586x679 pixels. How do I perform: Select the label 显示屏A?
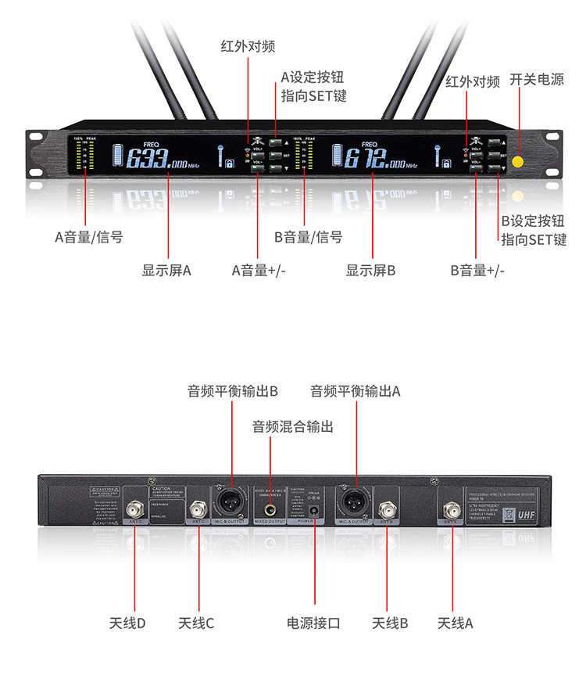[166, 271]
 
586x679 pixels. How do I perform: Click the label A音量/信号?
[88, 237]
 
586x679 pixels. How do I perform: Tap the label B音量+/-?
[477, 271]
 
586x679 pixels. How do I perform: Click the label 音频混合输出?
[292, 427]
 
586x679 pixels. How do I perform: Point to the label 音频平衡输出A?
[355, 390]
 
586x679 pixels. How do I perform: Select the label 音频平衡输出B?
[233, 390]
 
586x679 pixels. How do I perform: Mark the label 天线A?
[455, 623]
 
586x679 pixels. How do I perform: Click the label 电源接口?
[313, 623]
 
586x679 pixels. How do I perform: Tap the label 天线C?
[195, 623]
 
